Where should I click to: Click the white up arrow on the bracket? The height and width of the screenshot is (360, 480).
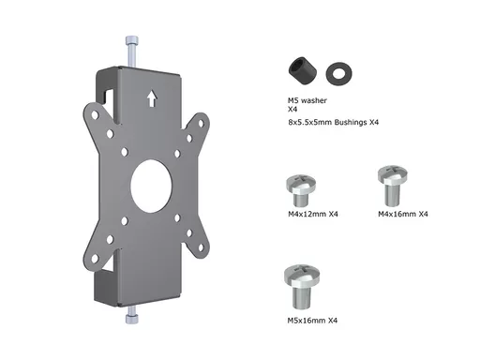(152, 98)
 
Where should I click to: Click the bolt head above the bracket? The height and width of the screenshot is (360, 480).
(132, 41)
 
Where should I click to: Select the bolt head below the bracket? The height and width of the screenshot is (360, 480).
(132, 319)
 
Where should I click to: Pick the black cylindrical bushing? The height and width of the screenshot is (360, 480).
(303, 70)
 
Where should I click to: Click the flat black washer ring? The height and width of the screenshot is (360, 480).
(338, 74)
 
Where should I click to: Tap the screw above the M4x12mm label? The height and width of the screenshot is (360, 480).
(301, 190)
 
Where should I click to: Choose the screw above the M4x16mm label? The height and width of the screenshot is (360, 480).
(393, 186)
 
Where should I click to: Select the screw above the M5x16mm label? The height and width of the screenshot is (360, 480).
(302, 287)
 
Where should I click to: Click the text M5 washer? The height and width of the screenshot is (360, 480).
(307, 100)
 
